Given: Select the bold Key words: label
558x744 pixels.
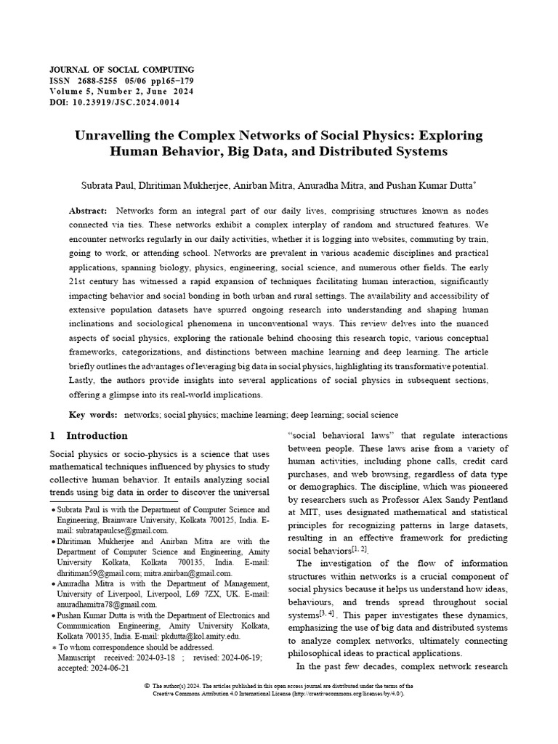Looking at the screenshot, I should pyautogui.click(x=93, y=414).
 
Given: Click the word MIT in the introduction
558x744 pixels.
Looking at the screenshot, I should pyautogui.click(x=299, y=511).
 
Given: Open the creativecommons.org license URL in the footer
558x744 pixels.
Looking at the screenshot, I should pyautogui.click(x=347, y=694).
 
